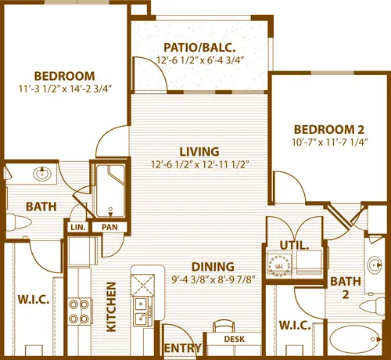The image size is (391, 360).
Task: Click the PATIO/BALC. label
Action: (x=199, y=48)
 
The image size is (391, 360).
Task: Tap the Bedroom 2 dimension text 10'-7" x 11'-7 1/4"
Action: (x=330, y=142)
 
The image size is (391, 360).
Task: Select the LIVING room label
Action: (x=199, y=152)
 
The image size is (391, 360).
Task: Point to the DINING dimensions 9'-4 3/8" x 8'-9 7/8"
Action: (x=213, y=280)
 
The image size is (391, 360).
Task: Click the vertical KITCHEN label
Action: (x=111, y=307)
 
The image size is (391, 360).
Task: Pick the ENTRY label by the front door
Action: (x=183, y=348)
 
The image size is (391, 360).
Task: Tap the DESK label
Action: (x=235, y=339)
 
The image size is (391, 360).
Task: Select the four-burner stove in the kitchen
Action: (x=79, y=311)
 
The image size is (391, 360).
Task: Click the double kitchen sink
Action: (x=142, y=311)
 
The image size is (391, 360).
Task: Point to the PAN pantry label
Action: (x=109, y=227)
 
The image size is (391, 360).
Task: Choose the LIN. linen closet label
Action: (x=78, y=227)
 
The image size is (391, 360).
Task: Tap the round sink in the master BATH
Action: (x=41, y=173)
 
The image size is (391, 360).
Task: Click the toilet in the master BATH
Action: (x=18, y=222)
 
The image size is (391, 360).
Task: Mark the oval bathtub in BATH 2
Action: (x=355, y=339)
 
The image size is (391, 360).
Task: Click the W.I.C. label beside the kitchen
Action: (x=34, y=300)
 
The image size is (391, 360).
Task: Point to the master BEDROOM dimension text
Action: (x=65, y=89)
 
